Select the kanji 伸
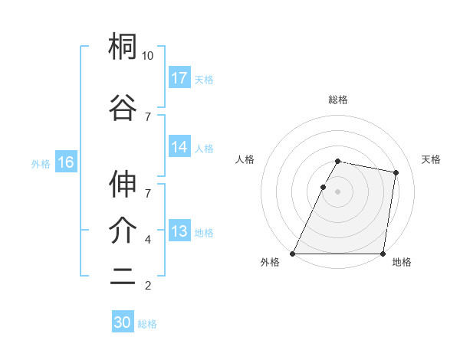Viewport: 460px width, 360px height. (123, 184)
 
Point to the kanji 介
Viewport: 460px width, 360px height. (123, 231)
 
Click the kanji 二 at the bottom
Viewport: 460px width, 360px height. (123, 278)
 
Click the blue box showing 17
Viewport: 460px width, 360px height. (179, 78)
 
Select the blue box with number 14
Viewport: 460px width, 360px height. (179, 148)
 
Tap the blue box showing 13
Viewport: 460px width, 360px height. (179, 232)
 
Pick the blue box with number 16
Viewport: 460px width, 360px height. (65, 162)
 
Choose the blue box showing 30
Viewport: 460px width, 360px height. (123, 322)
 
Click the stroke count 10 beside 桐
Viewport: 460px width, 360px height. (148, 56)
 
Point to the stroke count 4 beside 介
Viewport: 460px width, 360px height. (148, 240)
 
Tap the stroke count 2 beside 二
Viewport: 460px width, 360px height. (148, 286)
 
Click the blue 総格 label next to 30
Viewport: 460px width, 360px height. (147, 324)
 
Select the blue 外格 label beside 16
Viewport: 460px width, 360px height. (41, 163)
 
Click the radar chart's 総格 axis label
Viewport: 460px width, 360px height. (337, 100)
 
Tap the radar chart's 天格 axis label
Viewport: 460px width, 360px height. (431, 159)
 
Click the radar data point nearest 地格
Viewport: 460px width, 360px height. (383, 254)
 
